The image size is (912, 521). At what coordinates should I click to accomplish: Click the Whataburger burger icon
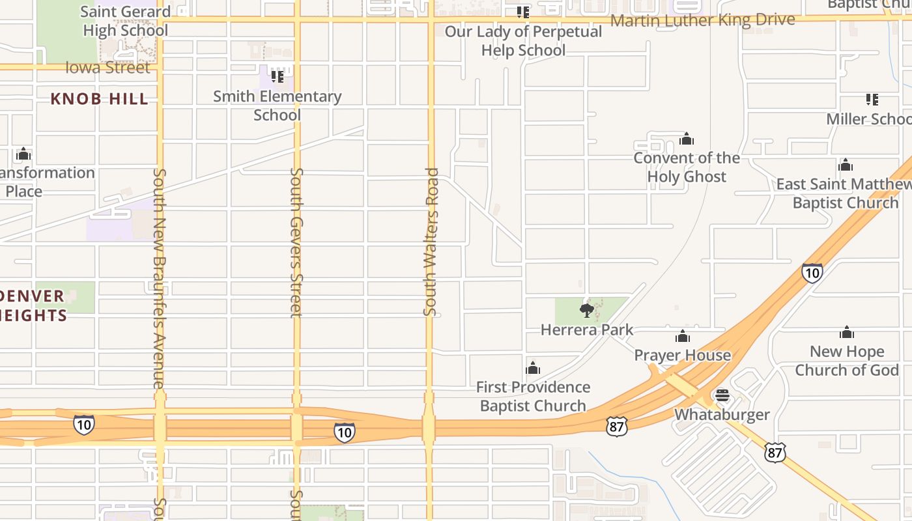(x=722, y=395)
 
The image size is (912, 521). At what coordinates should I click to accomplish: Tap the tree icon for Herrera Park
(x=587, y=310)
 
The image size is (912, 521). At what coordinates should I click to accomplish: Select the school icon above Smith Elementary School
(x=278, y=76)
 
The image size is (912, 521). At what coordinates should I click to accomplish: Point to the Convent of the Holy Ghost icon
(x=687, y=139)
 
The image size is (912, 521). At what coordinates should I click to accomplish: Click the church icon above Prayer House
(x=683, y=336)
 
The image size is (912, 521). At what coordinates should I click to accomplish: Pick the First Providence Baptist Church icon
(x=533, y=368)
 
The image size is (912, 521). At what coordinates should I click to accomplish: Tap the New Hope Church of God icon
(x=847, y=332)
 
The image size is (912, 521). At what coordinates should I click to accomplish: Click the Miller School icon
(x=872, y=100)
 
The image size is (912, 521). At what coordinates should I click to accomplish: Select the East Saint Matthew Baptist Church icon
(x=846, y=165)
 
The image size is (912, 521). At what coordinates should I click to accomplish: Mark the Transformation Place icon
(x=23, y=154)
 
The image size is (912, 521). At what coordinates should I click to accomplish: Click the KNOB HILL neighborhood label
(x=100, y=99)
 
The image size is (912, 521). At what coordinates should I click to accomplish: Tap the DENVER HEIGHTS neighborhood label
(x=33, y=305)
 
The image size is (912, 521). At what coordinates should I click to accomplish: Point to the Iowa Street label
(x=108, y=68)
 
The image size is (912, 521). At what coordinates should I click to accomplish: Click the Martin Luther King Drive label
(x=703, y=20)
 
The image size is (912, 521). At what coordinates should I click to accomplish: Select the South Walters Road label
(x=431, y=242)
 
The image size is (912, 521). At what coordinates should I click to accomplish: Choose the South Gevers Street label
(x=296, y=242)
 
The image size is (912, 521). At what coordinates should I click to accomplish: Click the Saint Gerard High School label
(x=125, y=21)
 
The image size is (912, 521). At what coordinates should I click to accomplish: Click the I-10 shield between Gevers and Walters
(x=344, y=432)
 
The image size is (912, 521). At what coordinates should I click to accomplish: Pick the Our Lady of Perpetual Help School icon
(x=523, y=12)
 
